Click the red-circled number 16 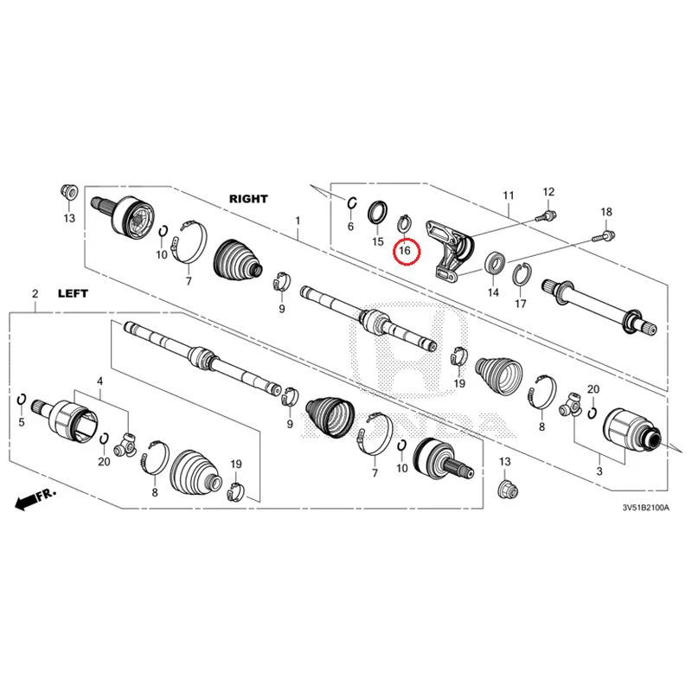tap(405, 251)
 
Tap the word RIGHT tap(248, 199)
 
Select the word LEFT tap(73, 293)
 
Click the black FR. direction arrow tap(35, 499)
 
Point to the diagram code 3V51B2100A tap(645, 508)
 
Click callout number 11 tap(509, 195)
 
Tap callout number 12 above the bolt tap(548, 192)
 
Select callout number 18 tap(606, 212)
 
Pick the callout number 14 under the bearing tap(493, 292)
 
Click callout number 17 tap(521, 304)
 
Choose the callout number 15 tap(378, 241)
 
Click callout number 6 tap(350, 227)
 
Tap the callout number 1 tap(298, 221)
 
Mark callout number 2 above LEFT tap(35, 293)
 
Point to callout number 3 tap(599, 471)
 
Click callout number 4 tap(100, 381)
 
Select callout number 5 tap(22, 422)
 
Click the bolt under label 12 tap(546, 216)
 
